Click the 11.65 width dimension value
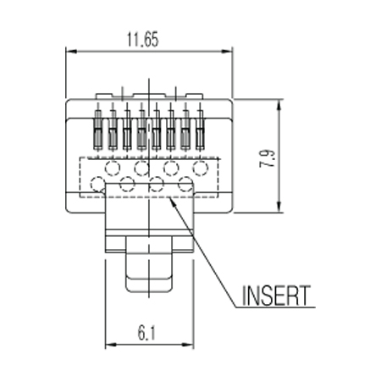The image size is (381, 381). [x=143, y=40]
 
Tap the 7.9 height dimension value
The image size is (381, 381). [x=268, y=158]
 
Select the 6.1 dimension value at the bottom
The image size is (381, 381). [x=146, y=333]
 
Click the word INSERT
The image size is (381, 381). [x=276, y=295]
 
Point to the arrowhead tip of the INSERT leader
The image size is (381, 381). [x=169, y=198]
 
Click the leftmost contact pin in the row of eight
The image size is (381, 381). [x=97, y=130]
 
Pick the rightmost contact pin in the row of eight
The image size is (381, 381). [x=200, y=130]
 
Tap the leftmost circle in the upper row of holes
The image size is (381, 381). [x=113, y=168]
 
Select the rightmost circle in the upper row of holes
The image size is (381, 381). [x=201, y=168]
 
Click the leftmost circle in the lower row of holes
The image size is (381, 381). [x=98, y=184]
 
